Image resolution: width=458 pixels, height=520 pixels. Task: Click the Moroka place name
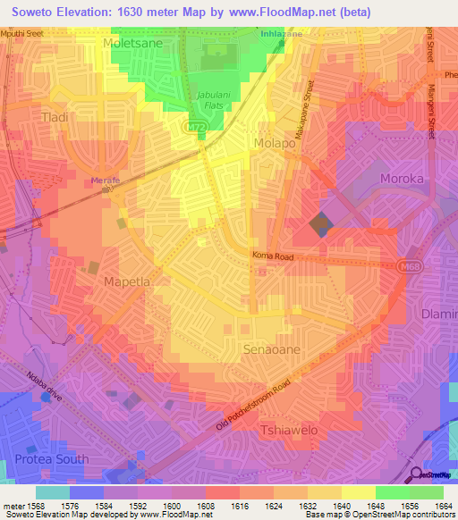pyautogui.click(x=406, y=179)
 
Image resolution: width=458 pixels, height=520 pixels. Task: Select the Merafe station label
pyautogui.click(x=105, y=180)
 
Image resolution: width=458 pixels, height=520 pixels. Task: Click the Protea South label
pyautogui.click(x=52, y=459)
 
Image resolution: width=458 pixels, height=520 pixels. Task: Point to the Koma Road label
pyautogui.click(x=272, y=256)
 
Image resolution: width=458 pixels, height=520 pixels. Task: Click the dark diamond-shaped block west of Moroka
pyautogui.click(x=319, y=223)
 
